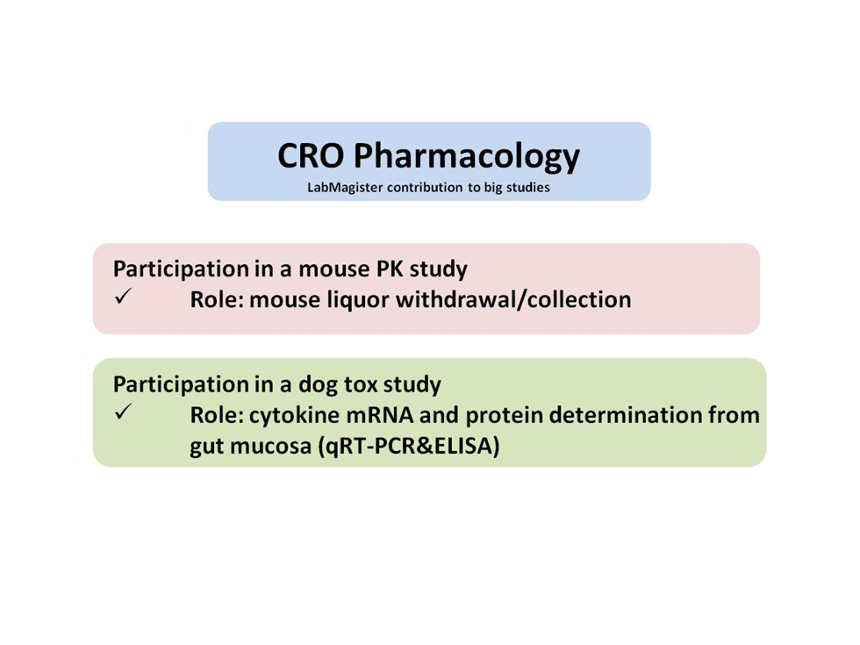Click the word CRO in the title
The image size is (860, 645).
311,155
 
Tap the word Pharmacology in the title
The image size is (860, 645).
467,157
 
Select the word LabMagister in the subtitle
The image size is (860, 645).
344,188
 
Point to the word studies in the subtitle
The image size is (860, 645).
527,188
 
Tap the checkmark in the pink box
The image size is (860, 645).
123,297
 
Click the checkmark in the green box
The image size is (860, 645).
123,412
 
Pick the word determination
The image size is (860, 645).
625,415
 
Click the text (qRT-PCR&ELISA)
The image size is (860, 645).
409,447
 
